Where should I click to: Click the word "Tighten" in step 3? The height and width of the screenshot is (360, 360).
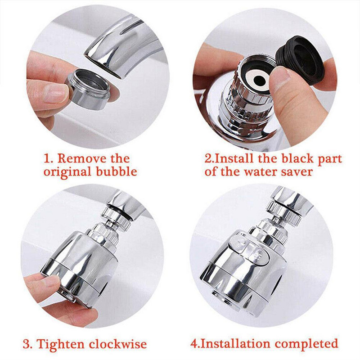[62, 344]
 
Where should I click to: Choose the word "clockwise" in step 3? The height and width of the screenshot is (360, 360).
[118, 344]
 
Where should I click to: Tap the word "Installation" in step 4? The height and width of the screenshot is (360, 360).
[236, 344]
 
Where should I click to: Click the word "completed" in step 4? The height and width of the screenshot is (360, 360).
[306, 344]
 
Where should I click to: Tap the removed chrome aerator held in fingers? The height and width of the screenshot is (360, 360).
[89, 89]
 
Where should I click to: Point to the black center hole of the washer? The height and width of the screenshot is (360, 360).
[260, 80]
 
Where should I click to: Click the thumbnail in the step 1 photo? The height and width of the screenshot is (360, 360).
[54, 92]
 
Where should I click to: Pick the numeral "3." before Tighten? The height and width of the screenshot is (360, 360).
[28, 344]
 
